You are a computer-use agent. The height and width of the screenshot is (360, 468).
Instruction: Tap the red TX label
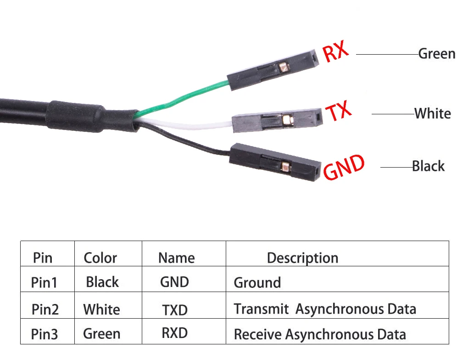(x=339, y=112)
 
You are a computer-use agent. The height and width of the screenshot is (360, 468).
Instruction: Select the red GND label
(x=344, y=168)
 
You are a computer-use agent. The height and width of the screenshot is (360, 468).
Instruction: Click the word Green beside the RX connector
(x=437, y=54)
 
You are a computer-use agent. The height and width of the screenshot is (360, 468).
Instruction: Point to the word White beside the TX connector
(x=433, y=113)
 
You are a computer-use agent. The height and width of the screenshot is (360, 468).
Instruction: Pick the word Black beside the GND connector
(x=428, y=166)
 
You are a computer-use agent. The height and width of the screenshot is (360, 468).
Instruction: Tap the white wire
(x=193, y=124)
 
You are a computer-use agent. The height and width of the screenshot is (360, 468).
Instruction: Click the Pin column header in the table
(x=43, y=258)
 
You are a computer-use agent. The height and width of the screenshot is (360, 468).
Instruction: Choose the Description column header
(x=302, y=258)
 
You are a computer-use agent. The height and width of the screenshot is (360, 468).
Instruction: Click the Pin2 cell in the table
(x=45, y=309)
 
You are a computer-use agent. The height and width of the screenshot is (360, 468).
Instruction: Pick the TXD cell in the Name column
(x=175, y=310)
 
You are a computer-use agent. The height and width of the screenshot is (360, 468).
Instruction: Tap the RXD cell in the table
(x=175, y=332)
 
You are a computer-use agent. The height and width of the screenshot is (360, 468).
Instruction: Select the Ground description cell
(x=257, y=282)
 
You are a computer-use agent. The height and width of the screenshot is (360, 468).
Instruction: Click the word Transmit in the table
(x=261, y=309)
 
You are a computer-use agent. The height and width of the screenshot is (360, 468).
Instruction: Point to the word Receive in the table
(x=258, y=334)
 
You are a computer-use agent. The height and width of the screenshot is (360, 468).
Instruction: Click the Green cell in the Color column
(x=102, y=334)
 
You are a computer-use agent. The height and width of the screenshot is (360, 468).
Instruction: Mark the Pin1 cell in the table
(x=44, y=282)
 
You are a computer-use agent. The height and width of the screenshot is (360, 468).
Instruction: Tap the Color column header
(x=100, y=258)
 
